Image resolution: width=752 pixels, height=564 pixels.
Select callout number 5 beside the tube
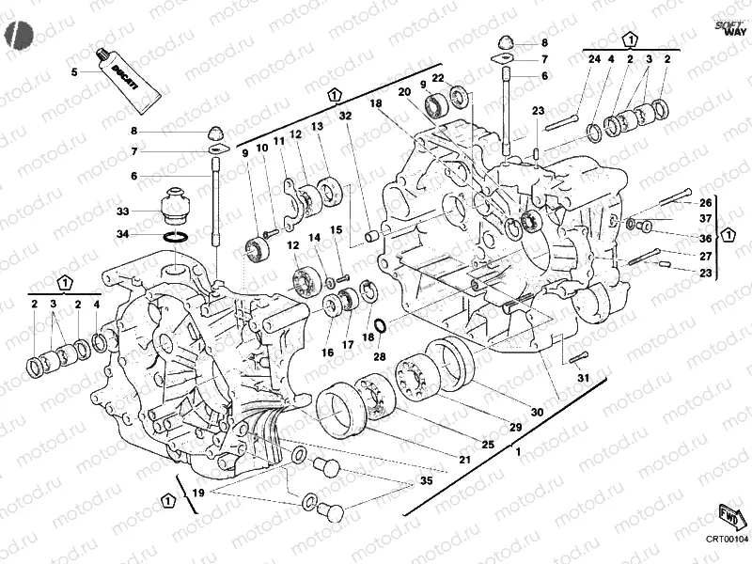click(74, 71)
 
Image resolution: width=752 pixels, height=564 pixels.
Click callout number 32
click(345, 116)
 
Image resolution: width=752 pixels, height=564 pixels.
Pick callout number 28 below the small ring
click(379, 356)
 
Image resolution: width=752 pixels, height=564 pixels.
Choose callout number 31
click(582, 378)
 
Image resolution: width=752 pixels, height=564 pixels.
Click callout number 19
click(197, 493)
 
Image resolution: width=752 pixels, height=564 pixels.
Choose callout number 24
click(594, 60)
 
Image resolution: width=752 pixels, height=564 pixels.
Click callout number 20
click(404, 92)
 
